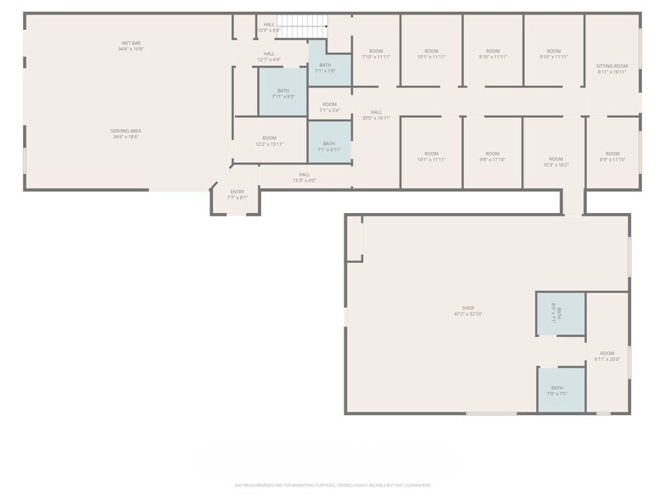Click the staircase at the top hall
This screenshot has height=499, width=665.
point(303,28)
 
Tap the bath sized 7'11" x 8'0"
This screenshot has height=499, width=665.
point(282,93)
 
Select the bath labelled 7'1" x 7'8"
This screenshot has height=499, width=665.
point(325,68)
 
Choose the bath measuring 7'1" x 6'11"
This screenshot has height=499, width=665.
point(328,146)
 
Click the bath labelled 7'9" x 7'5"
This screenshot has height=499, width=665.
point(557,390)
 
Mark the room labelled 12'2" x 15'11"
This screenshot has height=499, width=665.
point(270,141)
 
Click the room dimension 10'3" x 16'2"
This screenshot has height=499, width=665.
point(556,162)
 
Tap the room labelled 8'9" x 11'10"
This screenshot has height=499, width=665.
point(612,156)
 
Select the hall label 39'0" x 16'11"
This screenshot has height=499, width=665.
point(376,115)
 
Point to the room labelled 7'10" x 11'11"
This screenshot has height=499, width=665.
point(376,54)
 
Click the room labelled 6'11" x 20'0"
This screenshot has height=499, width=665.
point(607,356)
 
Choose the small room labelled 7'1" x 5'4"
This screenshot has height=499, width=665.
point(328,107)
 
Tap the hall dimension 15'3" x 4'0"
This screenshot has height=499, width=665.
point(304,177)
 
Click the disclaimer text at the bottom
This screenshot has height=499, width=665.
point(332,485)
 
